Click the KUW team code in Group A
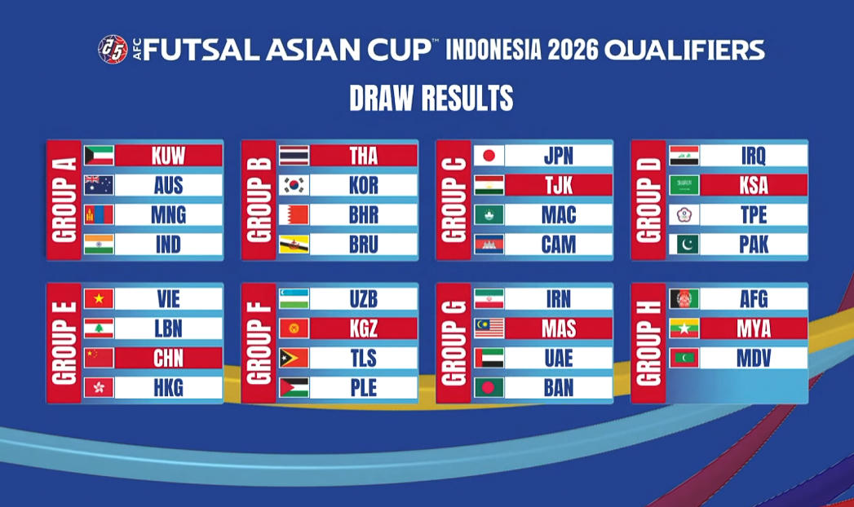click(x=169, y=155)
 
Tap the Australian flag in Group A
click(x=100, y=185)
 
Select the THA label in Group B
click(x=364, y=155)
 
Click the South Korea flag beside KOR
click(x=294, y=185)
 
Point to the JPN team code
click(x=559, y=155)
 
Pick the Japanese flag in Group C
click(x=489, y=155)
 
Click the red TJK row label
click(x=559, y=185)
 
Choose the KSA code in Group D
click(x=754, y=185)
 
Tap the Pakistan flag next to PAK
click(x=684, y=244)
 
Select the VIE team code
click(x=169, y=298)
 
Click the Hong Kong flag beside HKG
click(x=100, y=387)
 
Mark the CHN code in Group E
click(x=169, y=358)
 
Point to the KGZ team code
click(x=364, y=328)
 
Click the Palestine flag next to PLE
click(x=294, y=387)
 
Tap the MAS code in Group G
click(x=559, y=328)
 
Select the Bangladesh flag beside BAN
click(x=489, y=387)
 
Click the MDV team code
click(x=754, y=358)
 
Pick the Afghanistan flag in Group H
click(x=684, y=298)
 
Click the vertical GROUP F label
click(x=259, y=343)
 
